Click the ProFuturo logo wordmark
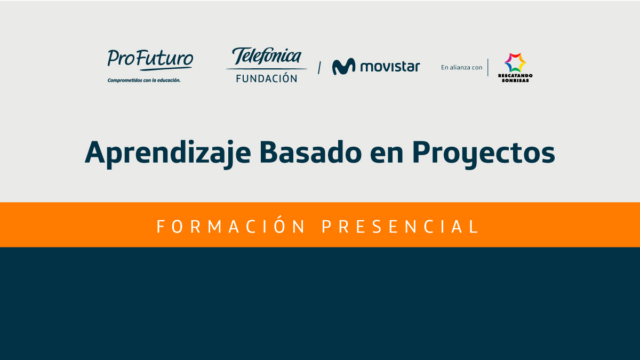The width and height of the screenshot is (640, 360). [x=150, y=59]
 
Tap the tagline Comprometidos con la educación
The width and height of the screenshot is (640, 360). [x=144, y=81]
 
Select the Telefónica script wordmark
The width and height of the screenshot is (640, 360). [x=266, y=56]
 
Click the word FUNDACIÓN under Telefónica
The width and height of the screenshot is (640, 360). [x=267, y=78]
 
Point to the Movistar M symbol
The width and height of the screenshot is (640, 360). [x=343, y=66]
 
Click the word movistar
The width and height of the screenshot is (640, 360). [x=390, y=67]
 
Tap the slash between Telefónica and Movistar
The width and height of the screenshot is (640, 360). [x=319, y=68]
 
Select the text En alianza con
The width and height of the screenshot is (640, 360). [x=461, y=67]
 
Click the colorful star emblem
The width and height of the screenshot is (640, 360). [x=515, y=62]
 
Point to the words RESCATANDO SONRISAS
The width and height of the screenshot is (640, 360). [x=515, y=78]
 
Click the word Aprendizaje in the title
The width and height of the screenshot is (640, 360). [x=167, y=153]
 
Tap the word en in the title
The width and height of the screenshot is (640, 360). [x=387, y=155]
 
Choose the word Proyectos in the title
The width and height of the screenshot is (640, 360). [x=483, y=154]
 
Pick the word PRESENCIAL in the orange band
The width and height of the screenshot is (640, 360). [x=400, y=227]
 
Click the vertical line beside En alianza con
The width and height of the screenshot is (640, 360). [x=487, y=67]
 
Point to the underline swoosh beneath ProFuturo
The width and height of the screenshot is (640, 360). [x=166, y=69]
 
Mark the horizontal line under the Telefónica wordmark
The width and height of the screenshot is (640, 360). [x=266, y=69]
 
